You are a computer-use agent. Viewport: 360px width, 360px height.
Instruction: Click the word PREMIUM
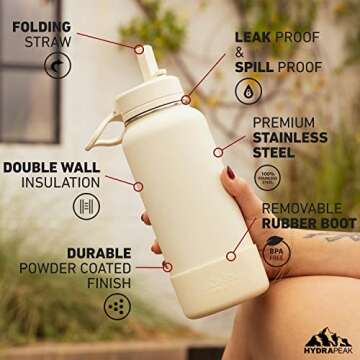pyautogui.click(x=285, y=123)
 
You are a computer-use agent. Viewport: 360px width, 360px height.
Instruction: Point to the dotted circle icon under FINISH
pyautogui.click(x=117, y=303)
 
